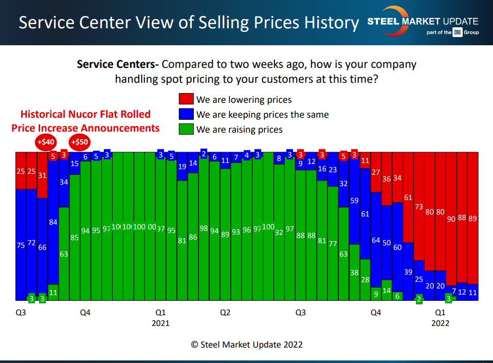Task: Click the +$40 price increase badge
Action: [45, 142]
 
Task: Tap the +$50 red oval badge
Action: [80, 142]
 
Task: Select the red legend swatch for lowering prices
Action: [186, 100]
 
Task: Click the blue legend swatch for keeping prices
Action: [186, 115]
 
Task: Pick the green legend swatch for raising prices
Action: [186, 129]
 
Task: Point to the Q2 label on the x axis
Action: [225, 312]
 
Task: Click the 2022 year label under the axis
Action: [440, 323]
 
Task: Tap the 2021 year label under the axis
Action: [160, 323]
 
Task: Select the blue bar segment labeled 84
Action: [53, 222]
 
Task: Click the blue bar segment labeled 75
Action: [21, 245]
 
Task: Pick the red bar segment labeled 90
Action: [451, 219]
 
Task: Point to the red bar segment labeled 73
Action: [419, 206]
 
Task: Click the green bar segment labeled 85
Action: [75, 238]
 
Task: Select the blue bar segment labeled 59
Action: [354, 201]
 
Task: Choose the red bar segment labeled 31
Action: [43, 175]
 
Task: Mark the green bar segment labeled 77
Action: [333, 243]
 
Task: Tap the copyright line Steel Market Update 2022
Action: [247, 344]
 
